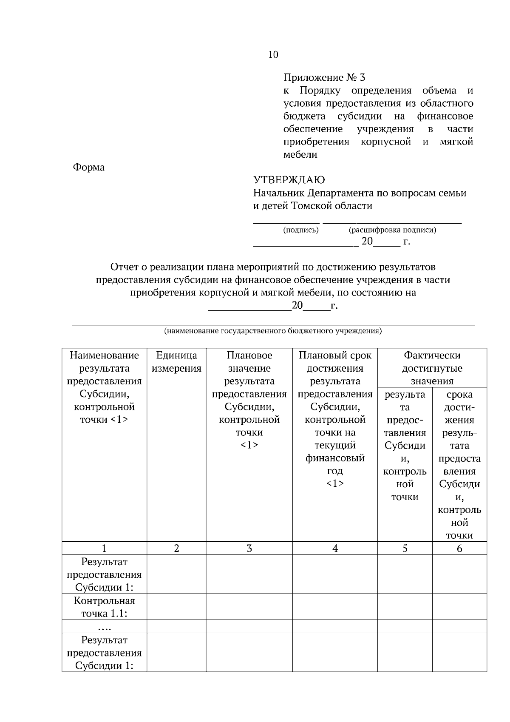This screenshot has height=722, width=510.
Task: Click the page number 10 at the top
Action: point(273,55)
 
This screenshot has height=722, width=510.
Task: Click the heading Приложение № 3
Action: point(324,78)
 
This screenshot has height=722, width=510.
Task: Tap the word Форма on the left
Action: point(88,168)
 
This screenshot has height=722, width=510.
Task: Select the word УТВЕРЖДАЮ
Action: point(289,180)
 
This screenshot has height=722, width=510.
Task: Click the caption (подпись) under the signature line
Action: point(301,230)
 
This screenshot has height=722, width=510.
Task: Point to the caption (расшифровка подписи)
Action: point(392,230)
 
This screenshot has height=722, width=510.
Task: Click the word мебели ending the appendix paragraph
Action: point(300,155)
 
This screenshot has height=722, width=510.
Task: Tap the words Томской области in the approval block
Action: point(332,206)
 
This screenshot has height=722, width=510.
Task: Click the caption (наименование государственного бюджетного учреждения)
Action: point(273,331)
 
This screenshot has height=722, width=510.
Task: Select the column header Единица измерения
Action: point(176,362)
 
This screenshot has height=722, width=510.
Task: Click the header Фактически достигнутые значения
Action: point(432,368)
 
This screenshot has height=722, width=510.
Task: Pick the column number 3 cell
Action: point(249,549)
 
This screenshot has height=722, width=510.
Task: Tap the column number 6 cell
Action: point(459,549)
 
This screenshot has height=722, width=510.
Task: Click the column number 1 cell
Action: point(104,549)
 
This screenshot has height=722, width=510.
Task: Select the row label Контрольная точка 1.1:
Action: point(104,607)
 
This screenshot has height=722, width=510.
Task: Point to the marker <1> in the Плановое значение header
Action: point(249,445)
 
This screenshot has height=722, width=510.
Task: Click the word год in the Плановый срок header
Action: point(335,471)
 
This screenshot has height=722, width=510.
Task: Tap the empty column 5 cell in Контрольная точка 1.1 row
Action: point(405,607)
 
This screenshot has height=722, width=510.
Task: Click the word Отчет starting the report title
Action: point(124,267)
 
